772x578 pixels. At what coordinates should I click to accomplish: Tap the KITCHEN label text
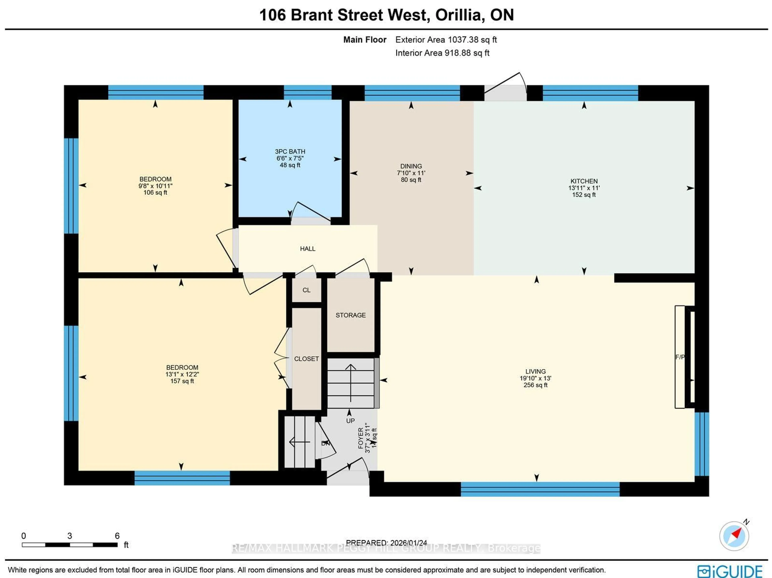(584, 181)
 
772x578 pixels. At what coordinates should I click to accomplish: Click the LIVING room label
(535, 371)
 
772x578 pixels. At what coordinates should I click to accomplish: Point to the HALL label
(307, 248)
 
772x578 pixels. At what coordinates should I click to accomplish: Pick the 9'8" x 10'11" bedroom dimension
(155, 186)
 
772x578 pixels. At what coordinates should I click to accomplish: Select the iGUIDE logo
(729, 571)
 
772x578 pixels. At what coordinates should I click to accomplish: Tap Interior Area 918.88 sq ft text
(442, 53)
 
